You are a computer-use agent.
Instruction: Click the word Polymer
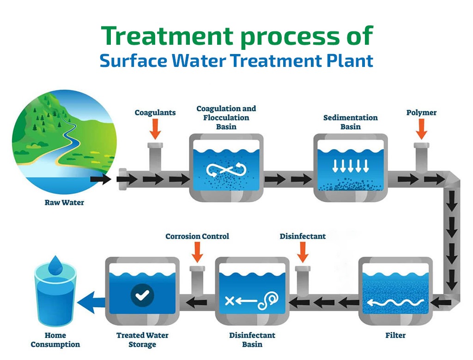tap(421, 113)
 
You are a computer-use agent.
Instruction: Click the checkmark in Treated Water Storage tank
tap(142, 295)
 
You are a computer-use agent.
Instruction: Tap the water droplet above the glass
tap(55, 265)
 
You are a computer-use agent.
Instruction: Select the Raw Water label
tap(64, 203)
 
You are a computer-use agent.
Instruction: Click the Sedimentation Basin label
tap(351, 122)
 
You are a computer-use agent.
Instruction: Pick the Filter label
tap(395, 335)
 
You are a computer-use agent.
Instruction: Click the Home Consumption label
tap(55, 340)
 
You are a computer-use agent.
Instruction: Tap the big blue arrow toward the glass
tap(91, 302)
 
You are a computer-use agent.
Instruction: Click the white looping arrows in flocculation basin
tap(226, 170)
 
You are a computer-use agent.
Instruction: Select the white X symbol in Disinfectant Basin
tap(230, 300)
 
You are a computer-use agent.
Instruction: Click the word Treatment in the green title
tap(167, 36)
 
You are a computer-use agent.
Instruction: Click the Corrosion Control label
tap(197, 236)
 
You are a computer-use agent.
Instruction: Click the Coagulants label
tap(155, 113)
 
